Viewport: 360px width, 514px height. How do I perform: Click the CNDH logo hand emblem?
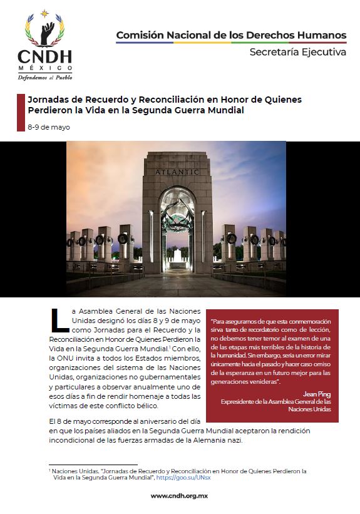[x=45, y=31]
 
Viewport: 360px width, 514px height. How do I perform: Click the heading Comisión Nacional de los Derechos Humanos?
[x=231, y=35]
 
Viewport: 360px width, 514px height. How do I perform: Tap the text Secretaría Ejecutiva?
[x=297, y=53]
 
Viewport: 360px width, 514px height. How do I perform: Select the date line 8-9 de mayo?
[x=49, y=127]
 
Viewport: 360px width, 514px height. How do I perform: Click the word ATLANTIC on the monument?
[x=177, y=172]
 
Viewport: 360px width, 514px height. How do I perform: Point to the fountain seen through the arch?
[x=176, y=257]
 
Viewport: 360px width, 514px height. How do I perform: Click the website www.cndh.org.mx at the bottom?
[x=179, y=496]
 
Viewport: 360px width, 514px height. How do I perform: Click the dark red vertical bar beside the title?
[x=20, y=113]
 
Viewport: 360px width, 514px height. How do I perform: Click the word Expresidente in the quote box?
[x=242, y=402]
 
